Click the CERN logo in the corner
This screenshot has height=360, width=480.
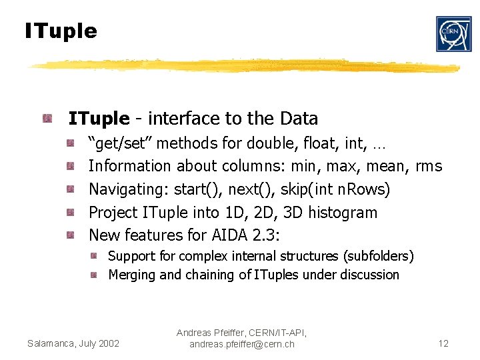pos(453,34)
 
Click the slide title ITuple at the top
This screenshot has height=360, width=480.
pos(61,31)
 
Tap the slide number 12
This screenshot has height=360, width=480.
pos(443,343)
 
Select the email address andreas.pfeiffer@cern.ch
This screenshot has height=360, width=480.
pos(242,344)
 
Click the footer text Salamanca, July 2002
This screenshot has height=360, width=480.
pos(73,343)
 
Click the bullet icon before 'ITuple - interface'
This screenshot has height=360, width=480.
pos(47,119)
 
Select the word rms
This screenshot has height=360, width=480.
pos(429,166)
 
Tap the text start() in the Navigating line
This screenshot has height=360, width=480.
pos(199,189)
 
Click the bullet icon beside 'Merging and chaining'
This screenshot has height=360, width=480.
pos(95,275)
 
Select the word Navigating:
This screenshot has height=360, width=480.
pos(129,189)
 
